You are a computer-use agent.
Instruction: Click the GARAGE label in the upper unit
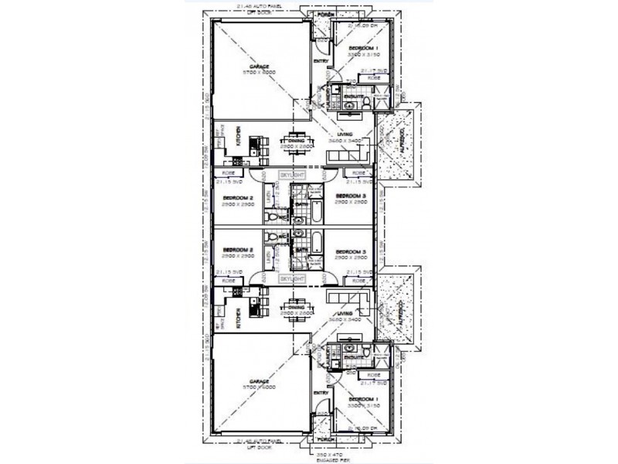pyautogui.click(x=259, y=67)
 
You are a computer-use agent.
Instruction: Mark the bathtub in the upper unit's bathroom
pyautogui.click(x=315, y=209)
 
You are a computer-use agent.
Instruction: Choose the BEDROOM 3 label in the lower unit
pyautogui.click(x=352, y=251)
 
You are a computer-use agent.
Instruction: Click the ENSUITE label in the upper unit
pyautogui.click(x=355, y=97)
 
